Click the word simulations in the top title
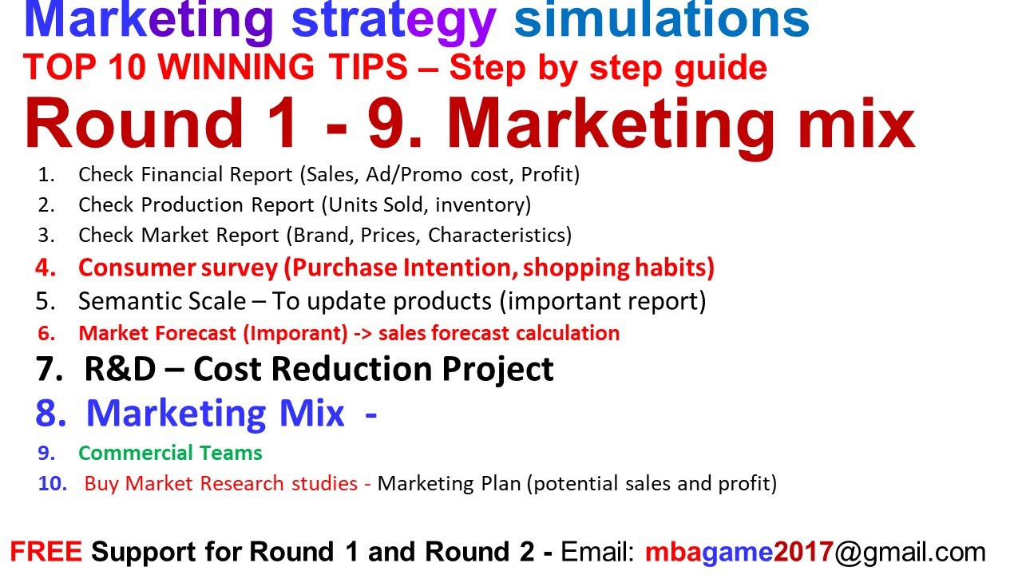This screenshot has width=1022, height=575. [x=661, y=22]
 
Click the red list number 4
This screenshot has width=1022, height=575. [x=46, y=268]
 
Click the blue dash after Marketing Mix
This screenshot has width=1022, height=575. [x=370, y=414]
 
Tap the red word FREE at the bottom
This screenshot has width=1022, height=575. [x=46, y=552]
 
